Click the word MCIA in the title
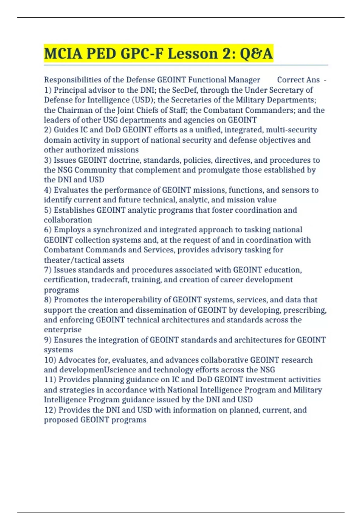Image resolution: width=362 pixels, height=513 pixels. pyautogui.click(x=63, y=54)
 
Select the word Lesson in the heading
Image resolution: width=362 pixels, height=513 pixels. pyautogui.click(x=192, y=54)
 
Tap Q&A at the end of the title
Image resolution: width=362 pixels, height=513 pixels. pyautogui.click(x=256, y=54)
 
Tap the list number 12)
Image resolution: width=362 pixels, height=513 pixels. pyautogui.click(x=50, y=410)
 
